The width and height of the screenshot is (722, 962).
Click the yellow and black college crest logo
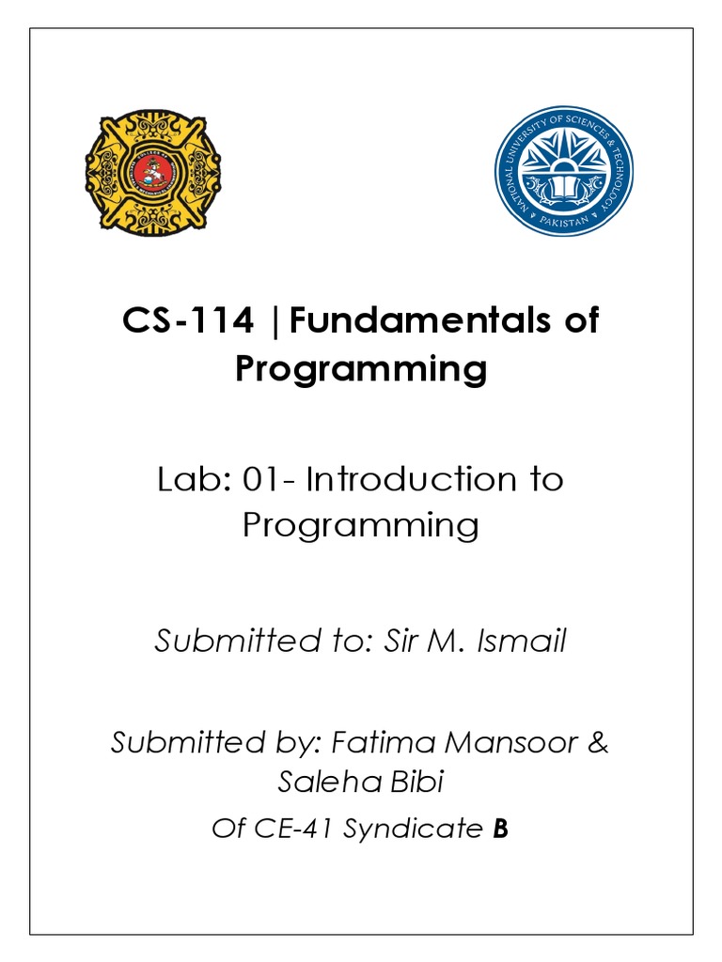153,171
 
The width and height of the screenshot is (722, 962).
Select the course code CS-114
188,321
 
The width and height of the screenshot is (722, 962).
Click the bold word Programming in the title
361,369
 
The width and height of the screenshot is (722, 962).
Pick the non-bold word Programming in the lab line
361,524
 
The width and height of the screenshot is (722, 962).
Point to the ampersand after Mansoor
598,743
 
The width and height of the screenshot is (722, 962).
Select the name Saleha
321,783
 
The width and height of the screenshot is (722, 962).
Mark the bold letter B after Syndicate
500,830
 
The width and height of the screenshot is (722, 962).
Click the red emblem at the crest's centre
153,172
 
